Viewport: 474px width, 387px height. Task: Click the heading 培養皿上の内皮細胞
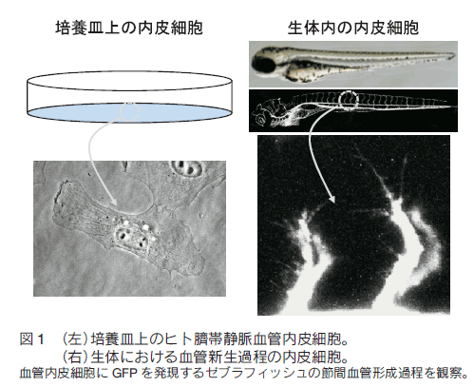[x=129, y=28]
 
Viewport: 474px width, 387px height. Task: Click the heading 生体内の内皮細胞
[x=353, y=28]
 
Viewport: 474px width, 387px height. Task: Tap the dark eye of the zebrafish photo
[x=265, y=65]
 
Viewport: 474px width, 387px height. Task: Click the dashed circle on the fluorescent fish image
[x=349, y=100]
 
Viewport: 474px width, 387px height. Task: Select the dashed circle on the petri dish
[x=129, y=111]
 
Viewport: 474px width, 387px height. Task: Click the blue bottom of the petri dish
[x=129, y=112]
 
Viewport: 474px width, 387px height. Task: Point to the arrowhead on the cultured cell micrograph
[x=113, y=202]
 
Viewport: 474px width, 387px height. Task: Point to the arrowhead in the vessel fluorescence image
[x=332, y=198]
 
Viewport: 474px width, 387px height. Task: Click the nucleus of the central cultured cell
[x=132, y=239]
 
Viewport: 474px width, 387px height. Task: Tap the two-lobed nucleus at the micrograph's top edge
[x=187, y=168]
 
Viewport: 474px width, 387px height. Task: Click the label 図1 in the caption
[x=31, y=339]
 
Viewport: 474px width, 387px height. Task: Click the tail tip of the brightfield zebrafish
[x=455, y=56]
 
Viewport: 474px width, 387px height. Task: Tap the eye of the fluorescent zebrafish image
[x=261, y=119]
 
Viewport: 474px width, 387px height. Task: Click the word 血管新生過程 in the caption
[x=224, y=358]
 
